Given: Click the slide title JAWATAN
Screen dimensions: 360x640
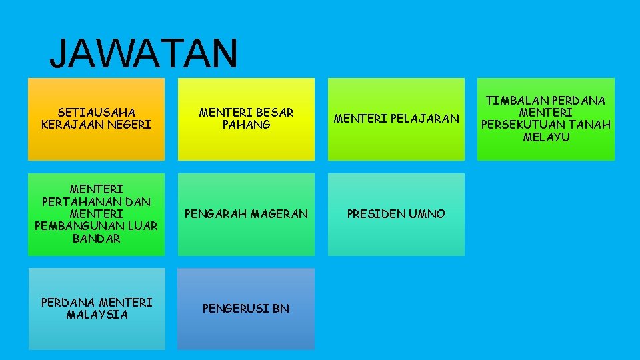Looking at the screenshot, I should pyautogui.click(x=143, y=53).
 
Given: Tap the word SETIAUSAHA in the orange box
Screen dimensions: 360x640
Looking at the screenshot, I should pyautogui.click(x=96, y=112).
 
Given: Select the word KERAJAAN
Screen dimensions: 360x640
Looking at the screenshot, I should pyautogui.click(x=75, y=125).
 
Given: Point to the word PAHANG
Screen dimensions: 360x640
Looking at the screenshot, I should pyautogui.click(x=246, y=125).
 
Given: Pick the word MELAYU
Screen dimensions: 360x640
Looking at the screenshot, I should pyautogui.click(x=546, y=137).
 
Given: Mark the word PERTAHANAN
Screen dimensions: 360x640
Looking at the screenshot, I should pyautogui.click(x=96, y=201).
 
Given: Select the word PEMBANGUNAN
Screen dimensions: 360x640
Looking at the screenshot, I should pyautogui.click(x=81, y=226).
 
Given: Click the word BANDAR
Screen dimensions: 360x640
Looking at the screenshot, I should pyautogui.click(x=96, y=238).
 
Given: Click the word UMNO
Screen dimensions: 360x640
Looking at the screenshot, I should pyautogui.click(x=427, y=213).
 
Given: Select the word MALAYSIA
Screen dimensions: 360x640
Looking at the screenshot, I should pyautogui.click(x=96, y=315).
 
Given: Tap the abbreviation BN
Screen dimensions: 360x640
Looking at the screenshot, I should pyautogui.click(x=281, y=309).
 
